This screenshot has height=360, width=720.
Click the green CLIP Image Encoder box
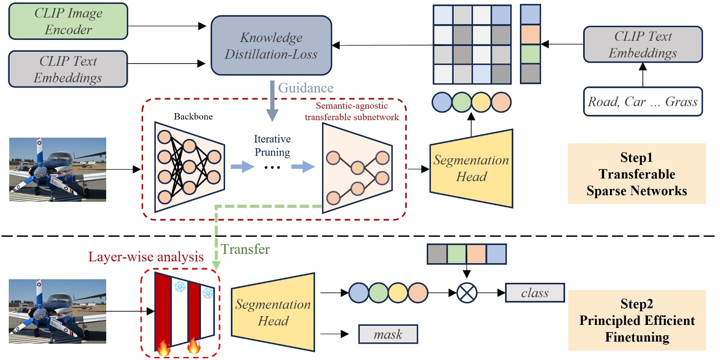coord(68,21)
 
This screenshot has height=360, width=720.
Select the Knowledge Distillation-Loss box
coord(271,46)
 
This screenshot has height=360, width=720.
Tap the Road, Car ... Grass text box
coord(642,102)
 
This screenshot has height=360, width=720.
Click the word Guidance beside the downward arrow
coord(306,88)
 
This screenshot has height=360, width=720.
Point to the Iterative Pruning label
coord(272,146)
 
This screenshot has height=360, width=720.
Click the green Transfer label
coord(245,249)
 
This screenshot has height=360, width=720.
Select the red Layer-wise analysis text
coord(146,257)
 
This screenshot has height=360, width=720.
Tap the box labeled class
coord(534,293)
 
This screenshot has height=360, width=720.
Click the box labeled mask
coord(388,335)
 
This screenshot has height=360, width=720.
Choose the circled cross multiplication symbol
coord(467,293)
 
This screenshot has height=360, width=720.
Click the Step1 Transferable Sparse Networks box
coord(636,174)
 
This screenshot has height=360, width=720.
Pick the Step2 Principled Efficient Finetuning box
coord(636,320)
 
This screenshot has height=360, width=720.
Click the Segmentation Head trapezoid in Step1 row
coord(471,168)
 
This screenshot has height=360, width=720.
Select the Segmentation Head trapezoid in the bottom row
coord(273,312)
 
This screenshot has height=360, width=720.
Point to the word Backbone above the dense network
coord(193,117)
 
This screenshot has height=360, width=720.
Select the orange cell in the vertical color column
coord(530,35)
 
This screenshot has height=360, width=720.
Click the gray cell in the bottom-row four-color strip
coord(437,254)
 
